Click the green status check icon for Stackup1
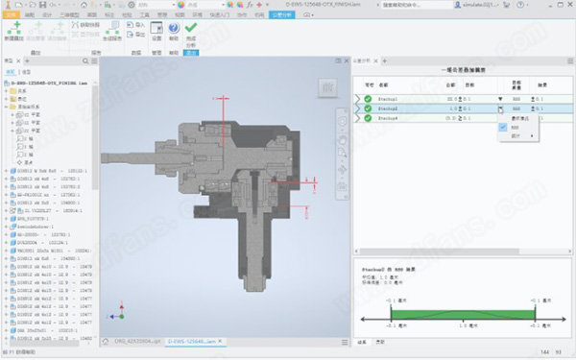pyautogui.click(x=367, y=98)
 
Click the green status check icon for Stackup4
pyautogui.click(x=367, y=119)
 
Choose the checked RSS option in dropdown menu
pyautogui.click(x=516, y=127)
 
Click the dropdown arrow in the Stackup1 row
pyautogui.click(x=499, y=98)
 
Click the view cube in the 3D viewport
pyautogui.click(x=329, y=89)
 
